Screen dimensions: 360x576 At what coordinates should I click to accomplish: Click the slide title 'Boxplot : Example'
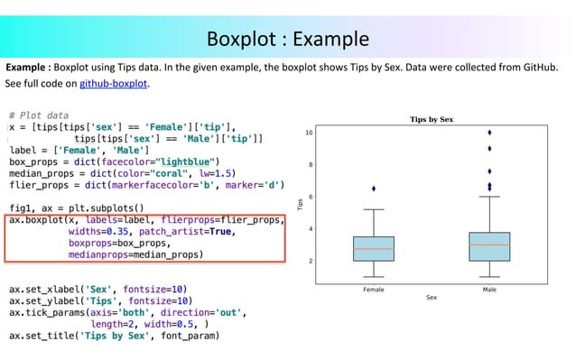[288, 39]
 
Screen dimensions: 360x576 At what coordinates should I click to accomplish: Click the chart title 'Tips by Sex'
[432, 119]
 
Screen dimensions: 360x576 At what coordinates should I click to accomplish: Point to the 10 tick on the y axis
[309, 133]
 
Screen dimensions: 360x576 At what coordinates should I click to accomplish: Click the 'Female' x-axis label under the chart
[374, 290]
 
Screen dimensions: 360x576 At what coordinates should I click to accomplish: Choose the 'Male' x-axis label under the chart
[489, 290]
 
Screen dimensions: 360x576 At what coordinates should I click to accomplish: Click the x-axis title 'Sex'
[432, 298]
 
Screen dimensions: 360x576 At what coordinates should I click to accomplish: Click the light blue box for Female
[374, 248]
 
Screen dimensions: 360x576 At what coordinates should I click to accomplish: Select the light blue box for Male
[489, 246]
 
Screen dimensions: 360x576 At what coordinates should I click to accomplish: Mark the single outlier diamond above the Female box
[374, 189]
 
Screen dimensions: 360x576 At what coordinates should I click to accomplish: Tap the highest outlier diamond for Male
[489, 133]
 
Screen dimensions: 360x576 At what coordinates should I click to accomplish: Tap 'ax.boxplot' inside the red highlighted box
[36, 219]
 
